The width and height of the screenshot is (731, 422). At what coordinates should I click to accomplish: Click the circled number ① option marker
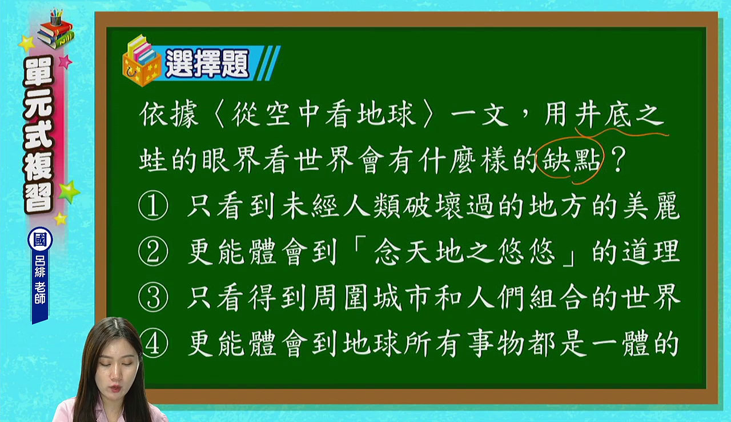[x=153, y=206]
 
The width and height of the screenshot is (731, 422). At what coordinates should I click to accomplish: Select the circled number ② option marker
[x=153, y=252]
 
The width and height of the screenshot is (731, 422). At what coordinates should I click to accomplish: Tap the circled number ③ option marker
[x=153, y=297]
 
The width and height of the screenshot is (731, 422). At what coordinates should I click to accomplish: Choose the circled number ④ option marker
[x=153, y=343]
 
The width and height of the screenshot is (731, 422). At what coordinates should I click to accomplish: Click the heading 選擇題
[x=207, y=63]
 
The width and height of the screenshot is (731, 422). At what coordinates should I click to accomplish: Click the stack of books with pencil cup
[x=55, y=29]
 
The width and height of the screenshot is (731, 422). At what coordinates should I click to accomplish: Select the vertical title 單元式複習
[x=38, y=134]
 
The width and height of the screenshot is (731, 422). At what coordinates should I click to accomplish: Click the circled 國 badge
[x=40, y=240]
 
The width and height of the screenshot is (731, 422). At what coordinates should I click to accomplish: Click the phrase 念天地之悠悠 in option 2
[x=464, y=252]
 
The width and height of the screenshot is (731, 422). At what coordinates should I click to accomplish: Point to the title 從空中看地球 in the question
[x=324, y=114]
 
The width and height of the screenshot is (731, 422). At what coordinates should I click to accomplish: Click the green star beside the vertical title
[x=69, y=192]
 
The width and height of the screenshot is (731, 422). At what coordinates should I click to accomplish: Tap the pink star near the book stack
[x=65, y=61]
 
